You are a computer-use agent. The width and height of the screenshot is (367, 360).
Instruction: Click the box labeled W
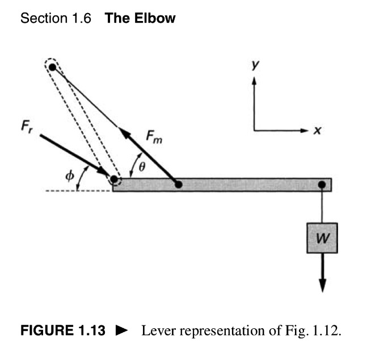(322, 238)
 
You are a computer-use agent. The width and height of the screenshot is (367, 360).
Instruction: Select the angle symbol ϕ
(69, 175)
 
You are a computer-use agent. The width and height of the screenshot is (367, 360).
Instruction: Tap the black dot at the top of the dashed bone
(52, 67)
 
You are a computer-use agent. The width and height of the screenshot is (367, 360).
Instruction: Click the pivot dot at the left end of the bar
(113, 179)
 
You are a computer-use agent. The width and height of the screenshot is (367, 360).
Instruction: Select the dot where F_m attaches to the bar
(178, 184)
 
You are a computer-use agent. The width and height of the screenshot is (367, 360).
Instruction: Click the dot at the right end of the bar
(322, 184)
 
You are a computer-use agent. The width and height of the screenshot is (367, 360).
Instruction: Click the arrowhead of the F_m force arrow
(125, 133)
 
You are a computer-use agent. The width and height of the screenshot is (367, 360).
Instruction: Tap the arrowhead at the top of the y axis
(254, 80)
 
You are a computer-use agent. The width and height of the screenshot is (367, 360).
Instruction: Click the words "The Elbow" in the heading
(140, 19)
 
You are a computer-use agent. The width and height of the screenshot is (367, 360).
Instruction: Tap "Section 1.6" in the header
(56, 19)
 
